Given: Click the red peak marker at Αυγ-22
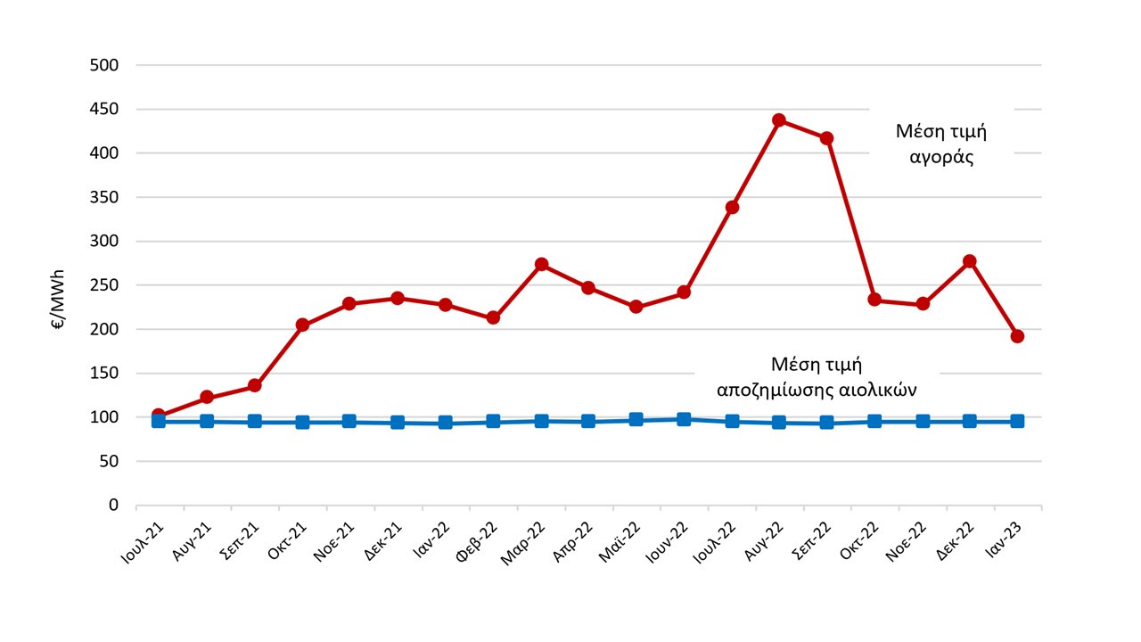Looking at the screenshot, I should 779,120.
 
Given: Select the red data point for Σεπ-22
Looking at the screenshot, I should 826,138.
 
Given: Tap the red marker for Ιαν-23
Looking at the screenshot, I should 1017,336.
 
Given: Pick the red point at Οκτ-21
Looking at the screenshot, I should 302,325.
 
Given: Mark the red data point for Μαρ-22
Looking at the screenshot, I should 541,265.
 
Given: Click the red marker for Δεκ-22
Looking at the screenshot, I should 970,261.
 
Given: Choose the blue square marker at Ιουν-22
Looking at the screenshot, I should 684,419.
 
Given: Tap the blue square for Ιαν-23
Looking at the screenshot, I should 1017,421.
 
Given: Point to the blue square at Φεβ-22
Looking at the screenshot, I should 493,421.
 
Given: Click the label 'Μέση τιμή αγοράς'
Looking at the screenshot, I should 941,144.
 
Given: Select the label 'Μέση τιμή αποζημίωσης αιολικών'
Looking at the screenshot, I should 817,376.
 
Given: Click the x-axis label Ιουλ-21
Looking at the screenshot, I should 141,542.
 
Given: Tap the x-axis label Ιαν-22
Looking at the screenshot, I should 430,540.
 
